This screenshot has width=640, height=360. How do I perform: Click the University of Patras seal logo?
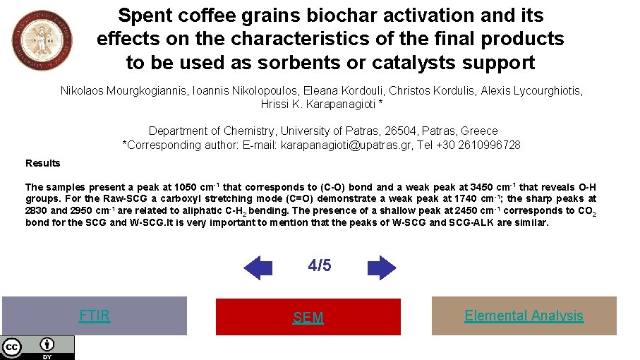42,40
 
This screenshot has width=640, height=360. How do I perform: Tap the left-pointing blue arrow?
258,268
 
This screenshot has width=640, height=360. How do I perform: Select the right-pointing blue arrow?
382,268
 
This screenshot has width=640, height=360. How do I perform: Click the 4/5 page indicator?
320,265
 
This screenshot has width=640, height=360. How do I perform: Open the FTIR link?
95,316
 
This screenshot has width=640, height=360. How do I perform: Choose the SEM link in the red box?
308,318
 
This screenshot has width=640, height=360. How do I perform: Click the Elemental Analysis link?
524,316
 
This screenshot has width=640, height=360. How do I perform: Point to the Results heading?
43,163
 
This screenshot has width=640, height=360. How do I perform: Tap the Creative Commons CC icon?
11,347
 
